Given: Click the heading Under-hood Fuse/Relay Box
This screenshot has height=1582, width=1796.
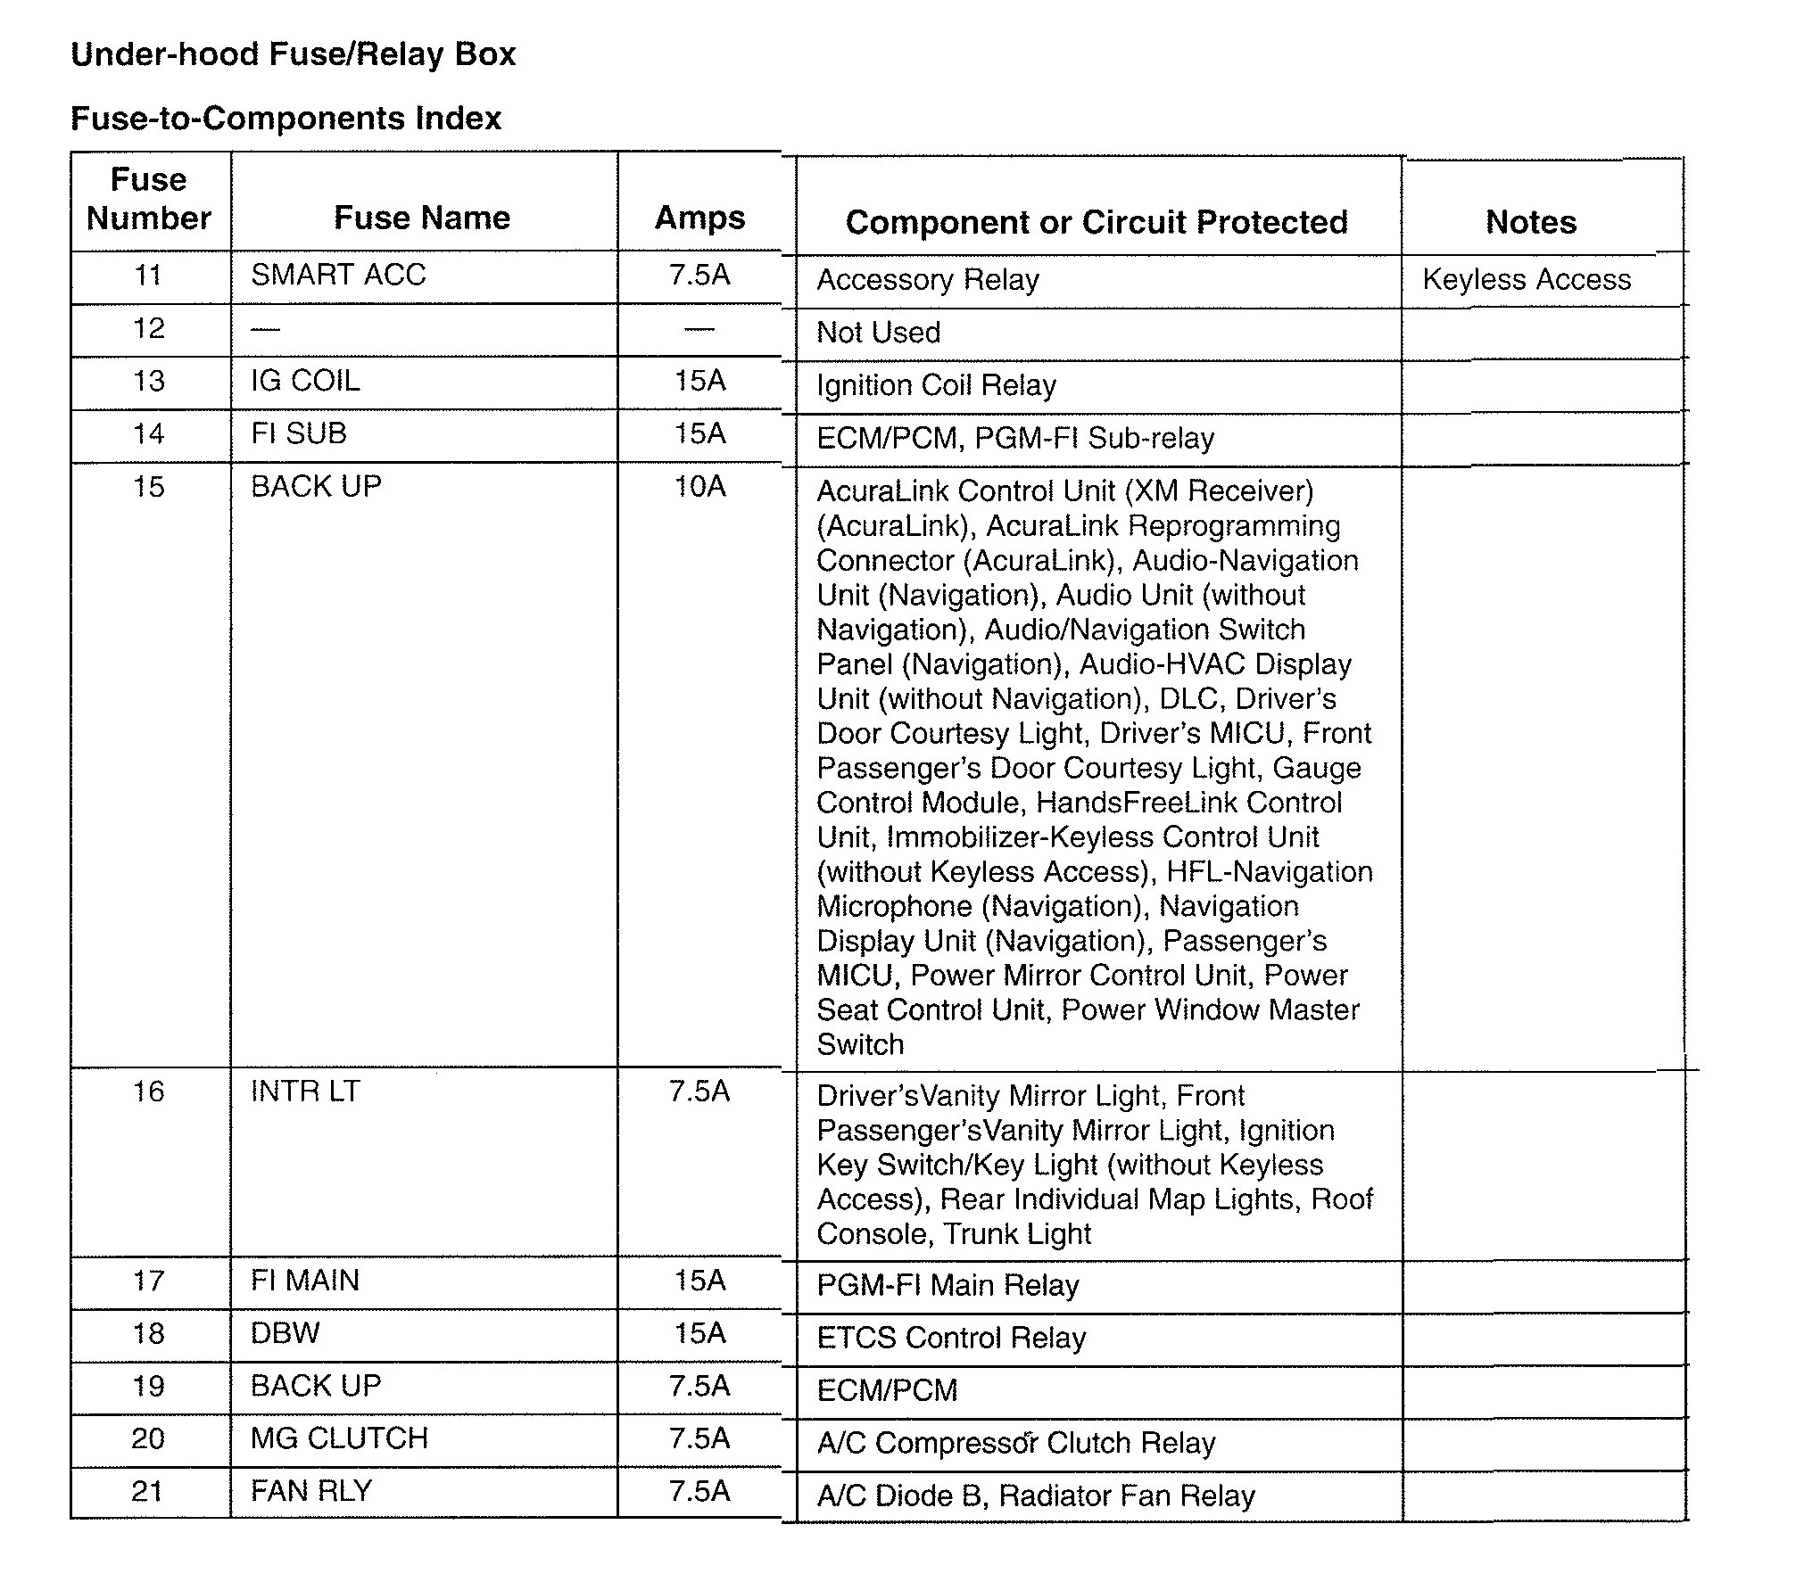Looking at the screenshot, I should pyautogui.click(x=293, y=54).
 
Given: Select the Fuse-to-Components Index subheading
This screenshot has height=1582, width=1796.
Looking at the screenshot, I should pyautogui.click(x=286, y=118).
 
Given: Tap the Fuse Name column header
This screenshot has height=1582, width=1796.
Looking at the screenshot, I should pyautogui.click(x=422, y=218).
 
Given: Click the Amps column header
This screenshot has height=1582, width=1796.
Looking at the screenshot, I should pyautogui.click(x=699, y=218).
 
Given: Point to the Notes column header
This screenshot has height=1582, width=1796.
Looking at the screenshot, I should pyautogui.click(x=1531, y=222).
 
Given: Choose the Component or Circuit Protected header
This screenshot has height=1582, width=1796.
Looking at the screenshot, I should pyautogui.click(x=1097, y=222).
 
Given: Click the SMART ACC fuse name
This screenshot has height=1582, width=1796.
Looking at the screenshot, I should pyautogui.click(x=338, y=275).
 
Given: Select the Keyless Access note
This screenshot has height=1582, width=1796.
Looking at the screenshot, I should pyautogui.click(x=1527, y=279).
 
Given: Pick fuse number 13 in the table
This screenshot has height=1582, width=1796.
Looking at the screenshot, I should pyautogui.click(x=148, y=381).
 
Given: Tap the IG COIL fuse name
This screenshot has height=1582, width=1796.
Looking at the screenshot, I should pyautogui.click(x=305, y=381).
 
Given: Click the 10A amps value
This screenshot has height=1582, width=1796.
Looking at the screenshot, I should pyautogui.click(x=699, y=487).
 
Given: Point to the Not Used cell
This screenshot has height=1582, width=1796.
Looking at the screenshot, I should pyautogui.click(x=879, y=333).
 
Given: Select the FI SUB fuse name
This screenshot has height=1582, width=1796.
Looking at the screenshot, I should pyautogui.click(x=298, y=433).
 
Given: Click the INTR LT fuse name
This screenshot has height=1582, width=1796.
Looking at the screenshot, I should pyautogui.click(x=305, y=1092).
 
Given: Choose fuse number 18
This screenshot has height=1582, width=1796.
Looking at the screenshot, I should pyautogui.click(x=148, y=1333).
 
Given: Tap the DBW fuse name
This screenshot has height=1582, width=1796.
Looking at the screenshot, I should pyautogui.click(x=285, y=1333).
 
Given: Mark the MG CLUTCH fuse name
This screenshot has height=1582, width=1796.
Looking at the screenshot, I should pyautogui.click(x=339, y=1438).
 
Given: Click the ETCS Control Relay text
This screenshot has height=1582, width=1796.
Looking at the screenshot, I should pyautogui.click(x=951, y=1338).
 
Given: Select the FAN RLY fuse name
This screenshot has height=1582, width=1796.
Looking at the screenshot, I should pyautogui.click(x=310, y=1491).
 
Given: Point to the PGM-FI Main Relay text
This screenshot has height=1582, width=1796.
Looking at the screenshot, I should pyautogui.click(x=948, y=1285).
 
